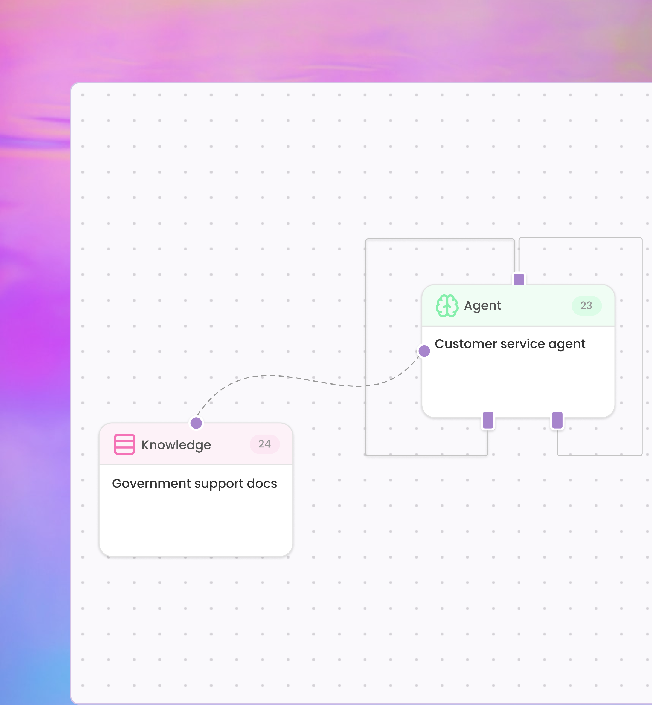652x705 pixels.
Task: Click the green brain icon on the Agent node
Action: click(447, 306)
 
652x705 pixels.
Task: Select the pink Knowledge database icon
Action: click(124, 444)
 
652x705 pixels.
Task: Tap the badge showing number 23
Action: click(586, 305)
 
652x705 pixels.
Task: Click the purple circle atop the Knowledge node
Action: click(196, 423)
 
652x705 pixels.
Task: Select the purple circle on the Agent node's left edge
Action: click(424, 351)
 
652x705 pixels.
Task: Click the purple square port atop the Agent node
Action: click(519, 279)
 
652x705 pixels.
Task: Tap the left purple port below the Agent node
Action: click(488, 420)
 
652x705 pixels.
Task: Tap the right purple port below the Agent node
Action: click(557, 420)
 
